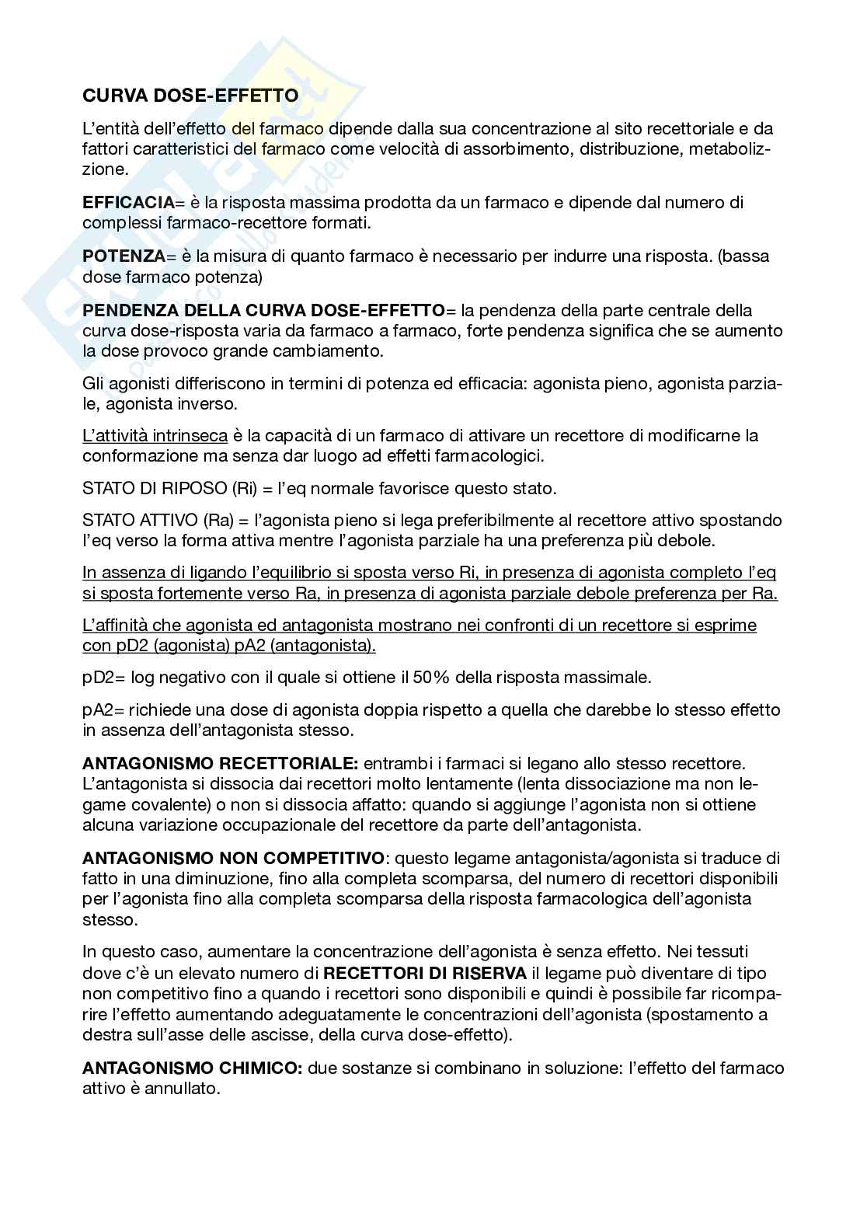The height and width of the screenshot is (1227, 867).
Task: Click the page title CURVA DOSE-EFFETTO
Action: [x=190, y=96]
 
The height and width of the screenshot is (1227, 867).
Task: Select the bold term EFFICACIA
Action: [x=128, y=203]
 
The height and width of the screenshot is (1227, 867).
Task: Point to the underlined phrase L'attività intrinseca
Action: [x=155, y=435]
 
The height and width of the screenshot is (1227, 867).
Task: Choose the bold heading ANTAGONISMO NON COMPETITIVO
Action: [x=233, y=859]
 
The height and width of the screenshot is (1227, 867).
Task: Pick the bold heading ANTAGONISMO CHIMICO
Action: [x=192, y=1068]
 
